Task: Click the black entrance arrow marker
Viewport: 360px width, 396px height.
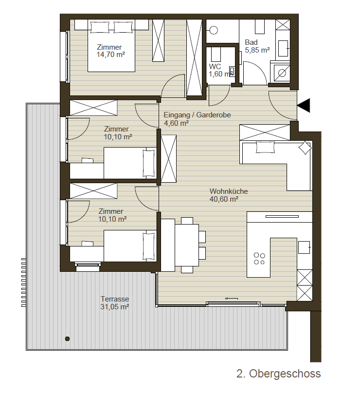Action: [304, 105]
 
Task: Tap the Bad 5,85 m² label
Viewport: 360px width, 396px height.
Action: [257, 46]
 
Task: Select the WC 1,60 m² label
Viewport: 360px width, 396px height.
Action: [220, 70]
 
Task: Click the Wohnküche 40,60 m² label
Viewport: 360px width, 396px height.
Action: [229, 195]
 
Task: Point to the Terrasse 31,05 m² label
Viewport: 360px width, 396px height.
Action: [115, 303]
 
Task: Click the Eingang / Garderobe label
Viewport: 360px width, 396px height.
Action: [197, 115]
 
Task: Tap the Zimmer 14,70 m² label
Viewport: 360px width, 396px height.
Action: [111, 51]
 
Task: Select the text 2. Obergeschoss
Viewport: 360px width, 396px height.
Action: [279, 374]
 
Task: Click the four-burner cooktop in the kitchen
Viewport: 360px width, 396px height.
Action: [259, 259]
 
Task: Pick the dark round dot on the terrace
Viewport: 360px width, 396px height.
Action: [67, 339]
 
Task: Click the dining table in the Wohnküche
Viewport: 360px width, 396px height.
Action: [187, 245]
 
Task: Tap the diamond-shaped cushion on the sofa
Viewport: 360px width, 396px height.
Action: [305, 148]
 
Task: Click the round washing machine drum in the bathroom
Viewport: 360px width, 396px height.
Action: [282, 73]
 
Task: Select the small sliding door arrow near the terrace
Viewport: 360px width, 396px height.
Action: [232, 299]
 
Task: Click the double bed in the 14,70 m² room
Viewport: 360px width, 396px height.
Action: [111, 46]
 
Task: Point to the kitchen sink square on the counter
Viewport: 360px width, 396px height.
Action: [304, 247]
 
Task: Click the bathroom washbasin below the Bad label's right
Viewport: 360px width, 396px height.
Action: [283, 48]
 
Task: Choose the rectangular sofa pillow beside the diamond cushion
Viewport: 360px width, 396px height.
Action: [265, 147]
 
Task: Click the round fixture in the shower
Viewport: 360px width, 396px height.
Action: [214, 30]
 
